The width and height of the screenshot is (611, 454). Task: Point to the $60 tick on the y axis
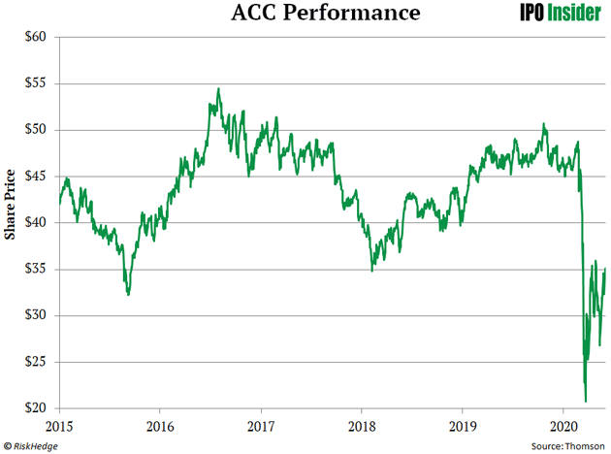38,37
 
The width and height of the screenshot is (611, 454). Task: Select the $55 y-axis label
38,83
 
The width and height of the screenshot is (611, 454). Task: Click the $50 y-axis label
38,130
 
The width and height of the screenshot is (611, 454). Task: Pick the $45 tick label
38,177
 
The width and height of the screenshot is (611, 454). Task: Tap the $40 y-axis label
38,223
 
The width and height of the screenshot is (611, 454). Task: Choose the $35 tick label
38,270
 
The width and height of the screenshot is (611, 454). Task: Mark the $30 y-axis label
38,316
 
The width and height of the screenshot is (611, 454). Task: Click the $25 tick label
38,363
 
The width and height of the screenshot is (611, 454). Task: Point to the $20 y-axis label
38,409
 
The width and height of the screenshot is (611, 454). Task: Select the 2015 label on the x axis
60,426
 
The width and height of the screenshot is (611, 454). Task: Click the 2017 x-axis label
262,426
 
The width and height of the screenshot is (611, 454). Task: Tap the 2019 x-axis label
464,426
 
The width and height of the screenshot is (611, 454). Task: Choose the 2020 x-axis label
564,426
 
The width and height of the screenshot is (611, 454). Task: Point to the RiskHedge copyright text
33,445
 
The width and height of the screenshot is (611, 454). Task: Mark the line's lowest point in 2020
586,401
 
